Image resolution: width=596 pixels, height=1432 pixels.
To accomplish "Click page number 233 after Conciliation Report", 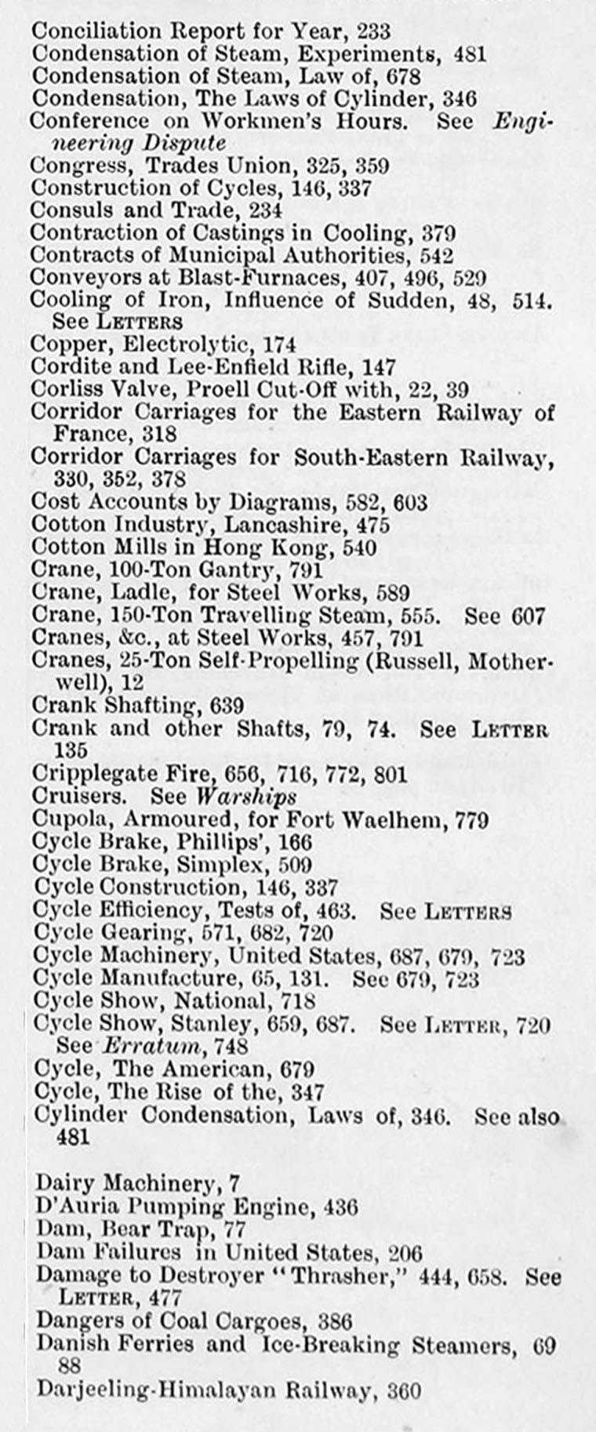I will pyautogui.click(x=373, y=31).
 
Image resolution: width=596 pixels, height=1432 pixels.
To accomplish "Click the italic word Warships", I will pyautogui.click(x=245, y=796).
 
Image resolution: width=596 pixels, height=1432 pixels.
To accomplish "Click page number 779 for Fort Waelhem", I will pyautogui.click(x=472, y=821).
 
